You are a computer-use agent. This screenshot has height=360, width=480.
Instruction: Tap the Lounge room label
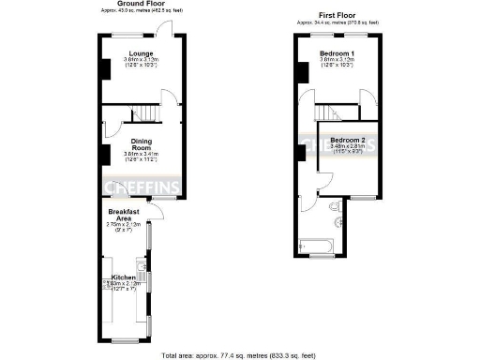pyautogui.click(x=142, y=53)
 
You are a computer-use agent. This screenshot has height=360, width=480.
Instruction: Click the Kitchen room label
pyautogui.click(x=125, y=277)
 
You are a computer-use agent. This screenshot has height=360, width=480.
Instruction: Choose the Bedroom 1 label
pyautogui.click(x=337, y=53)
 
